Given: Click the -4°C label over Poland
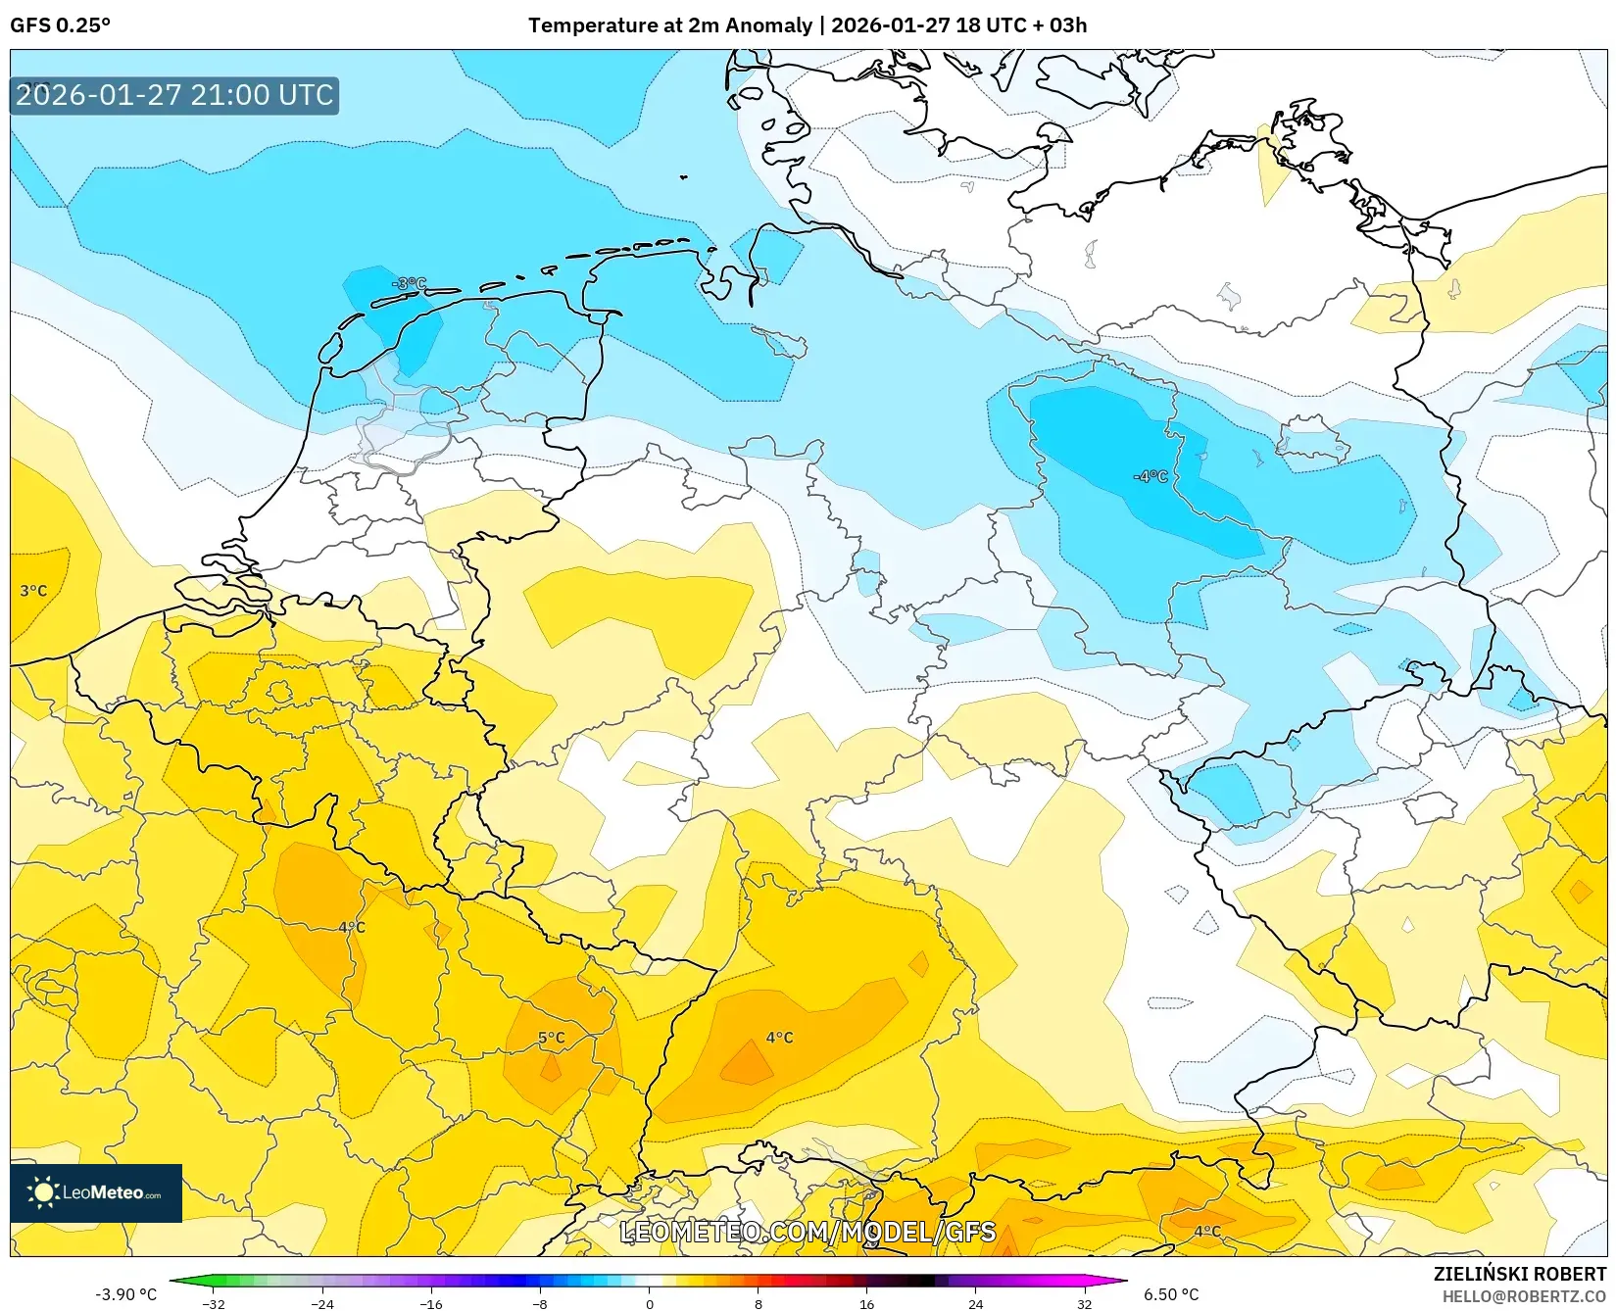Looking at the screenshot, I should tap(1151, 476).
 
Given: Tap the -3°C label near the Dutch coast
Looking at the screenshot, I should tap(409, 283).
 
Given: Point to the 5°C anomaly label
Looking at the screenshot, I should tap(551, 1038).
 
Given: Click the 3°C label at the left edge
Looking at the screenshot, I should tap(33, 591).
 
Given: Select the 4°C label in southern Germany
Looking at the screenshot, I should tap(779, 1038).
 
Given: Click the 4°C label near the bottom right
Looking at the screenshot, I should tap(1206, 1232).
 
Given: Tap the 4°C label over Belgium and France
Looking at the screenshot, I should tap(351, 927).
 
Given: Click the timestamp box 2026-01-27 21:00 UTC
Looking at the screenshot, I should tap(174, 95).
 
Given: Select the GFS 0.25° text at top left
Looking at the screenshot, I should tap(60, 25).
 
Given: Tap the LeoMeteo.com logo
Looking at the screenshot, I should tap(96, 1192).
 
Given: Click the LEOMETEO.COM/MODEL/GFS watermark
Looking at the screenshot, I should tap(808, 1232).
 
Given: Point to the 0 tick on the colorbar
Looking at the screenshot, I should tap(649, 1304).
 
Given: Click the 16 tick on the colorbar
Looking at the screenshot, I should tap(866, 1304).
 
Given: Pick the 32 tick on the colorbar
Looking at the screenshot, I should tap(1084, 1304).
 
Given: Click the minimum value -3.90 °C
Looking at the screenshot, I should tap(125, 1294).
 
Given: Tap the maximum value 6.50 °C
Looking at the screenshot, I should tap(1171, 1294).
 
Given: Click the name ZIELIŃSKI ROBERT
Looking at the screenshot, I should tap(1520, 1274).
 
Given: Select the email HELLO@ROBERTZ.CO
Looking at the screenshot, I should tap(1524, 1296).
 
